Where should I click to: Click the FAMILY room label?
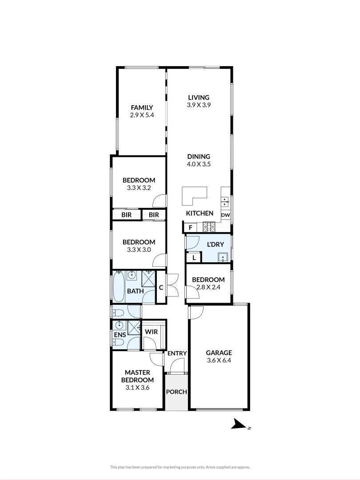[141, 108]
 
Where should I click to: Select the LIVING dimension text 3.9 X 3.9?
[199, 105]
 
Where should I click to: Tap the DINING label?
[199, 156]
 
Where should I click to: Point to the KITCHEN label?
[200, 213]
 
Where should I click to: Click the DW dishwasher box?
[226, 215]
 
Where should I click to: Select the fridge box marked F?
[190, 228]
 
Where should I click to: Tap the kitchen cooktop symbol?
[208, 227]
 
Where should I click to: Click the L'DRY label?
[216, 244]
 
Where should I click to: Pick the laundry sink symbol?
[222, 257]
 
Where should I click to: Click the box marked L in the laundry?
[194, 257]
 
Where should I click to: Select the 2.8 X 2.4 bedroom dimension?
[208, 287]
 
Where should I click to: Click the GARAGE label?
[219, 353]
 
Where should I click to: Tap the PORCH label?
[176, 392]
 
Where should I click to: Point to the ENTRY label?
[177, 353]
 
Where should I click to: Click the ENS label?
[120, 335]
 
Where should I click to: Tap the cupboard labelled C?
[161, 288]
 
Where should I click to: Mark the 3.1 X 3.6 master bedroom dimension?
[137, 388]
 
